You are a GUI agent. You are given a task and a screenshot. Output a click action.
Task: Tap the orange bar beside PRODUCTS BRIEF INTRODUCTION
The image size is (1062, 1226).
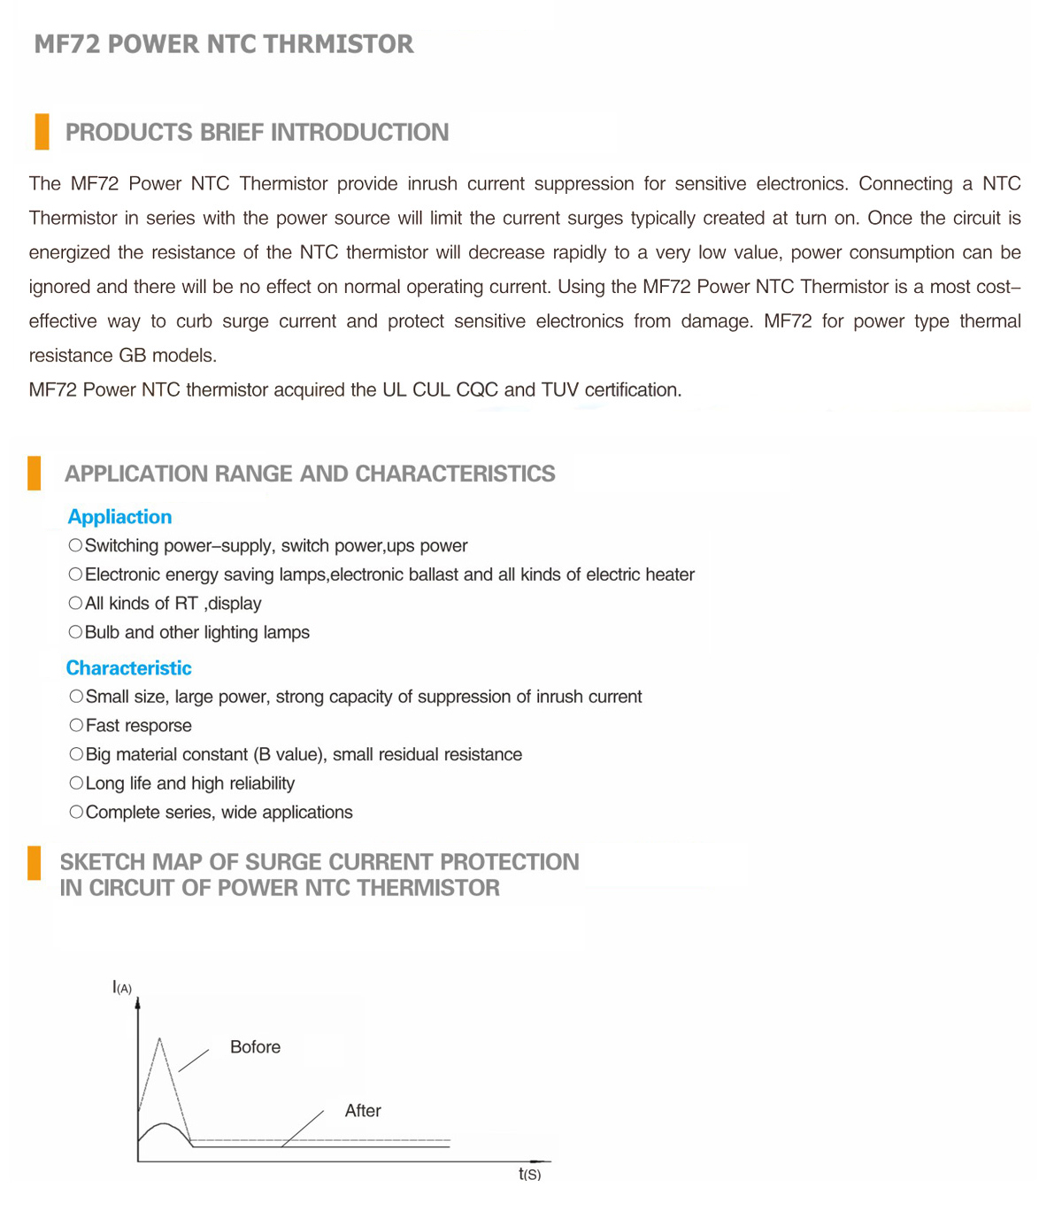click(42, 132)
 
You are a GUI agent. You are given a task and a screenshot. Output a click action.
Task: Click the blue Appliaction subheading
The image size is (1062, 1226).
click(119, 517)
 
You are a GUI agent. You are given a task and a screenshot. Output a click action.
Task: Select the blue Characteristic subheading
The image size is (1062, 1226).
click(128, 668)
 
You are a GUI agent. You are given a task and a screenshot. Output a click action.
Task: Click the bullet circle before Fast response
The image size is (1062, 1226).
click(76, 726)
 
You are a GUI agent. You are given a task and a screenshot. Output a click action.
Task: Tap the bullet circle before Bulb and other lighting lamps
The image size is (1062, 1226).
click(75, 632)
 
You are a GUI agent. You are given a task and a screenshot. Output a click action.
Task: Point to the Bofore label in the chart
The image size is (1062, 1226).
click(255, 1047)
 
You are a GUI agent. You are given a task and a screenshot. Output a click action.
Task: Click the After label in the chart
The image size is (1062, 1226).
click(363, 1111)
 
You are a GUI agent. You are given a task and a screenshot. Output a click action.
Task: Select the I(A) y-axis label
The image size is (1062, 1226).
click(122, 987)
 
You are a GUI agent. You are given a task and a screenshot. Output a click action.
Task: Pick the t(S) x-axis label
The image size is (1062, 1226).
click(529, 1175)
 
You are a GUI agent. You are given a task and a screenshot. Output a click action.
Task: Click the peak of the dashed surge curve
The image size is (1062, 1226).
click(160, 1038)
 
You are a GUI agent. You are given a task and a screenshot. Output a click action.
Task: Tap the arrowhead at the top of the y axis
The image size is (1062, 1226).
click(137, 1004)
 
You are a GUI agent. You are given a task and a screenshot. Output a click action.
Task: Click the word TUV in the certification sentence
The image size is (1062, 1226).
click(559, 390)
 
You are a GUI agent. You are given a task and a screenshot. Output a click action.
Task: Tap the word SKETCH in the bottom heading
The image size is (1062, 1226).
click(102, 862)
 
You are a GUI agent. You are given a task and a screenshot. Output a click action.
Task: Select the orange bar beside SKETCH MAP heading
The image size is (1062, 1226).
click(35, 863)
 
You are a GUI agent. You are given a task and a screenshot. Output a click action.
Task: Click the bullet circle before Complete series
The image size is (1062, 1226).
click(76, 813)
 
